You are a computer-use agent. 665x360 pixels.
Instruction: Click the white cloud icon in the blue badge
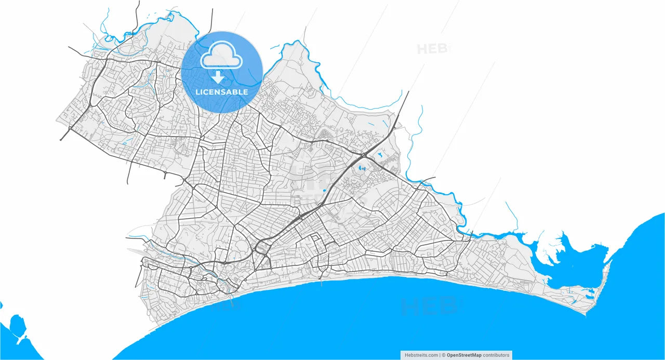click(x=222, y=56)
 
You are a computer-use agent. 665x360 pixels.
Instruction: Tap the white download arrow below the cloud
click(x=218, y=78)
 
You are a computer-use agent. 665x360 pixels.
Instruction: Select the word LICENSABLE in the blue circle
click(x=222, y=92)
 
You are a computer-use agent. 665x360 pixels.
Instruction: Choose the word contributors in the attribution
click(x=497, y=355)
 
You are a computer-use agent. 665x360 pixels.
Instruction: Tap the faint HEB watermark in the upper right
click(x=432, y=49)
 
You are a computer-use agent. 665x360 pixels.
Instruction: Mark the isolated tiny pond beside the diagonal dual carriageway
click(x=324, y=191)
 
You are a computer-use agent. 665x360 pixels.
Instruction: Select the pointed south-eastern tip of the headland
click(x=586, y=314)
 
